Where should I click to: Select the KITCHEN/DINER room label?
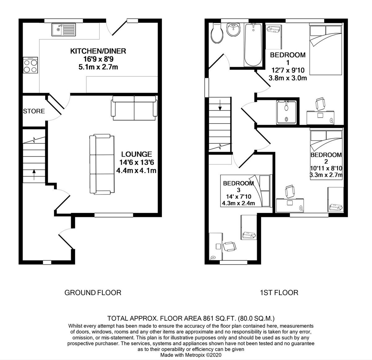[x=98, y=51]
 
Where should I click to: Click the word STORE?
[x=34, y=111]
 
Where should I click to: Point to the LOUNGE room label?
[x=136, y=154]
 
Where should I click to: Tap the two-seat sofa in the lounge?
[x=134, y=108]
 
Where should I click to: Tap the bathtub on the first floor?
[x=253, y=45]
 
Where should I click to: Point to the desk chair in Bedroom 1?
[x=320, y=104]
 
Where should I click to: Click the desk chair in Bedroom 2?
[x=290, y=191]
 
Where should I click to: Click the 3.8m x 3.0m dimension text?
[x=288, y=78]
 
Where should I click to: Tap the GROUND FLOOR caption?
[x=93, y=292]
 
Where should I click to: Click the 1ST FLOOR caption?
[x=279, y=292]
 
